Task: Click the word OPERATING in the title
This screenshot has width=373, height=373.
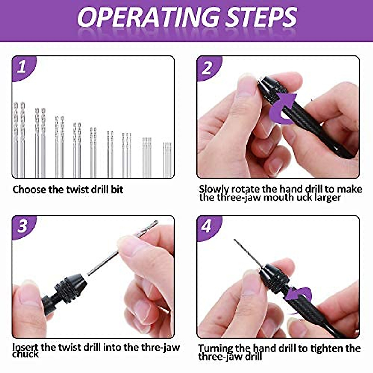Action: (x=148, y=17)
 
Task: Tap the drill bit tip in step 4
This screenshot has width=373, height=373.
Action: (x=235, y=240)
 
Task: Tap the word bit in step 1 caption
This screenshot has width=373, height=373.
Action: (x=117, y=190)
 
